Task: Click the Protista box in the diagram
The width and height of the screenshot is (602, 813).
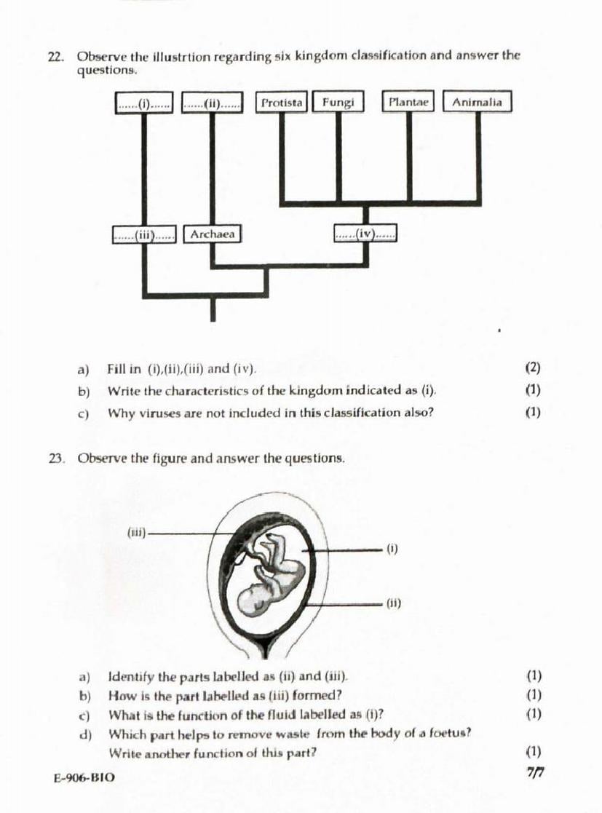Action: tap(282, 103)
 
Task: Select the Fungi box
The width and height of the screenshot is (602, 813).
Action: tap(338, 103)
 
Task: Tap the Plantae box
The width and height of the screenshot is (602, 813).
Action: tap(408, 103)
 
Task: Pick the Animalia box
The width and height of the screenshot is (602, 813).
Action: tap(477, 103)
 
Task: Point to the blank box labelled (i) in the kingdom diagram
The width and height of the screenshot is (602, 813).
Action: tap(145, 103)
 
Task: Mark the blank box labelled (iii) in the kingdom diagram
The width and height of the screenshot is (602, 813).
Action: tap(144, 235)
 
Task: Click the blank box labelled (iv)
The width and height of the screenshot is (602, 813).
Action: tap(366, 234)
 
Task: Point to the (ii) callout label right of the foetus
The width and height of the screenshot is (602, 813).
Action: tap(393, 603)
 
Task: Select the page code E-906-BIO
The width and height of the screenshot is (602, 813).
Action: tap(84, 777)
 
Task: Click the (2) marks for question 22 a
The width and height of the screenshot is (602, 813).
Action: tap(532, 368)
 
